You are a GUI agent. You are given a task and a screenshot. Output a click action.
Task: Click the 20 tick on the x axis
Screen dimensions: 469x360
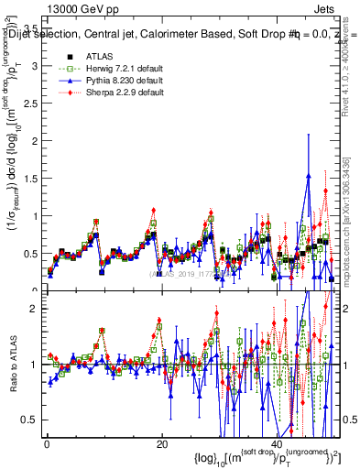tap(162, 444)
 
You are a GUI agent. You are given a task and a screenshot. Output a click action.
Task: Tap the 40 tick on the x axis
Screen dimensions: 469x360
tap(278, 444)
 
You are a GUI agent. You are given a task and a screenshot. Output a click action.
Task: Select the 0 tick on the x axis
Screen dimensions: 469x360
tap(47, 444)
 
